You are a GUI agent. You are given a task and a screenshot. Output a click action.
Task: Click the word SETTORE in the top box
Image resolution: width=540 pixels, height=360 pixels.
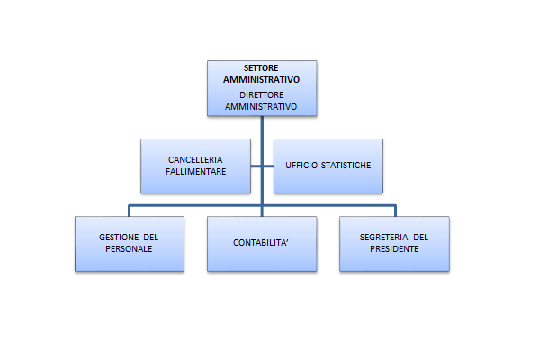(x=262, y=68)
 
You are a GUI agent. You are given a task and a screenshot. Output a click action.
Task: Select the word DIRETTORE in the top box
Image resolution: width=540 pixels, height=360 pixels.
(x=262, y=94)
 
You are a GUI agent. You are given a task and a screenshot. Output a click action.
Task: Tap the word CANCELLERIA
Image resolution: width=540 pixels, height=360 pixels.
(x=195, y=159)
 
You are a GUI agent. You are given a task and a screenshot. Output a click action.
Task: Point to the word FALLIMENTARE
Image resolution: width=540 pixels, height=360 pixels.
(x=195, y=170)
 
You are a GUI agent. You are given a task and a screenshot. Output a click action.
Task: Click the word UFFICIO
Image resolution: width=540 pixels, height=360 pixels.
(x=302, y=166)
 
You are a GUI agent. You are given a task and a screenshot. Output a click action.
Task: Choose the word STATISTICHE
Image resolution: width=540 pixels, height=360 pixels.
(x=347, y=166)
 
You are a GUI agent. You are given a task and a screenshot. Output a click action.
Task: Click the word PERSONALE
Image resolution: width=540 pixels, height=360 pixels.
(x=129, y=248)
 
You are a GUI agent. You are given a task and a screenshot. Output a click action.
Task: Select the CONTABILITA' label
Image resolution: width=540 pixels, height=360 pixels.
(x=262, y=243)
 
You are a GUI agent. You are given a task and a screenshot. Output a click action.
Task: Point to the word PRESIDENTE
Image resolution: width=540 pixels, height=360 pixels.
(x=394, y=248)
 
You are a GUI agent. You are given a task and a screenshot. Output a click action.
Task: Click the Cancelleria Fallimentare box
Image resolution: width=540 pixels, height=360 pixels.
(x=195, y=180)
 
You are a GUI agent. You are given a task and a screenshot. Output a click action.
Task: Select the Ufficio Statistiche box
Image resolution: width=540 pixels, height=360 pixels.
(x=328, y=180)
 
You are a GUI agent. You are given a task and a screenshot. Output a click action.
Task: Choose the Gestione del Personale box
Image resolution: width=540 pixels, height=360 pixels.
(x=129, y=259)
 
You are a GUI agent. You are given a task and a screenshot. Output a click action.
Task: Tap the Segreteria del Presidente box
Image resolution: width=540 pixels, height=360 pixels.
(x=394, y=259)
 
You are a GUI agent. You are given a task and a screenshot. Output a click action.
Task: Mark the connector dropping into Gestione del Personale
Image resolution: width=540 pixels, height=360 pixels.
(x=129, y=211)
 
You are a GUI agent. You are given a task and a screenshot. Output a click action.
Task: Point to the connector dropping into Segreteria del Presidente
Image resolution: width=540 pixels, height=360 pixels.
(x=394, y=211)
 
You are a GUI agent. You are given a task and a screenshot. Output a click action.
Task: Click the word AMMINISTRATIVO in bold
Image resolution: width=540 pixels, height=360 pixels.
(x=262, y=79)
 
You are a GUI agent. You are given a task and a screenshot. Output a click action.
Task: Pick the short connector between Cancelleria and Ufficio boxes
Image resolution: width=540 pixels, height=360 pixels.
(x=262, y=166)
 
